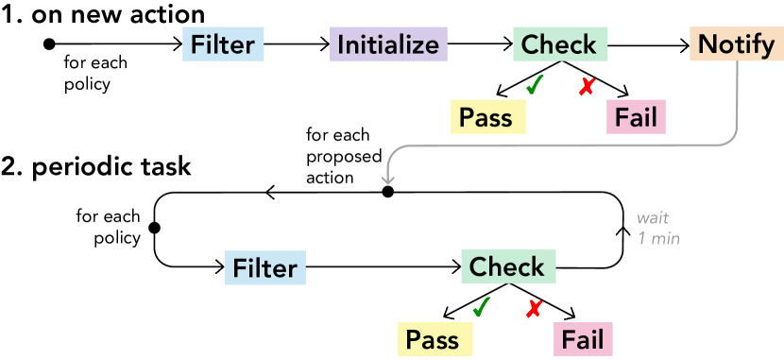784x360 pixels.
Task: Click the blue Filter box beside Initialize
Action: pos(222,45)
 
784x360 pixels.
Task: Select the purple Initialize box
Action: pos(387,45)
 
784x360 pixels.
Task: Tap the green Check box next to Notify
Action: pos(559,45)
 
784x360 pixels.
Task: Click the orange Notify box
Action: pos(736,45)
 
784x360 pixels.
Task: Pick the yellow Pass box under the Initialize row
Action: pos(486,118)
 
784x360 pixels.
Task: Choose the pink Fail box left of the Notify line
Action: pos(636,118)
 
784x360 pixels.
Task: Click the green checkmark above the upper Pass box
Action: pos(534,86)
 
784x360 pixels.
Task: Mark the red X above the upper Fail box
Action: pos(587,87)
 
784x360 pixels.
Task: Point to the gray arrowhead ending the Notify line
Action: pos(388,177)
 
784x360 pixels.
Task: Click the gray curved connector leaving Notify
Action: pos(567,146)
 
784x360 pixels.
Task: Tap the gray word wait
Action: pos(653,218)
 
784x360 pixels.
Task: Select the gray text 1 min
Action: pos(658,239)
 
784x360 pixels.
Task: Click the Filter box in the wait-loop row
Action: pos(265,268)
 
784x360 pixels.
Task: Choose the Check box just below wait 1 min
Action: pos(507,267)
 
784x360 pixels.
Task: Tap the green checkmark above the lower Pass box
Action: pos(481,307)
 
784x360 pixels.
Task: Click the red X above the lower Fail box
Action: pos(534,308)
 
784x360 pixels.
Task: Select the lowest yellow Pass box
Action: pos(433,340)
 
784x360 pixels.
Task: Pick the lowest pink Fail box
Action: pos(583,340)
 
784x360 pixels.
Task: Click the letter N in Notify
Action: pos(706,45)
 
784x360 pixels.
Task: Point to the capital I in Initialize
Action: pos(340,45)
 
